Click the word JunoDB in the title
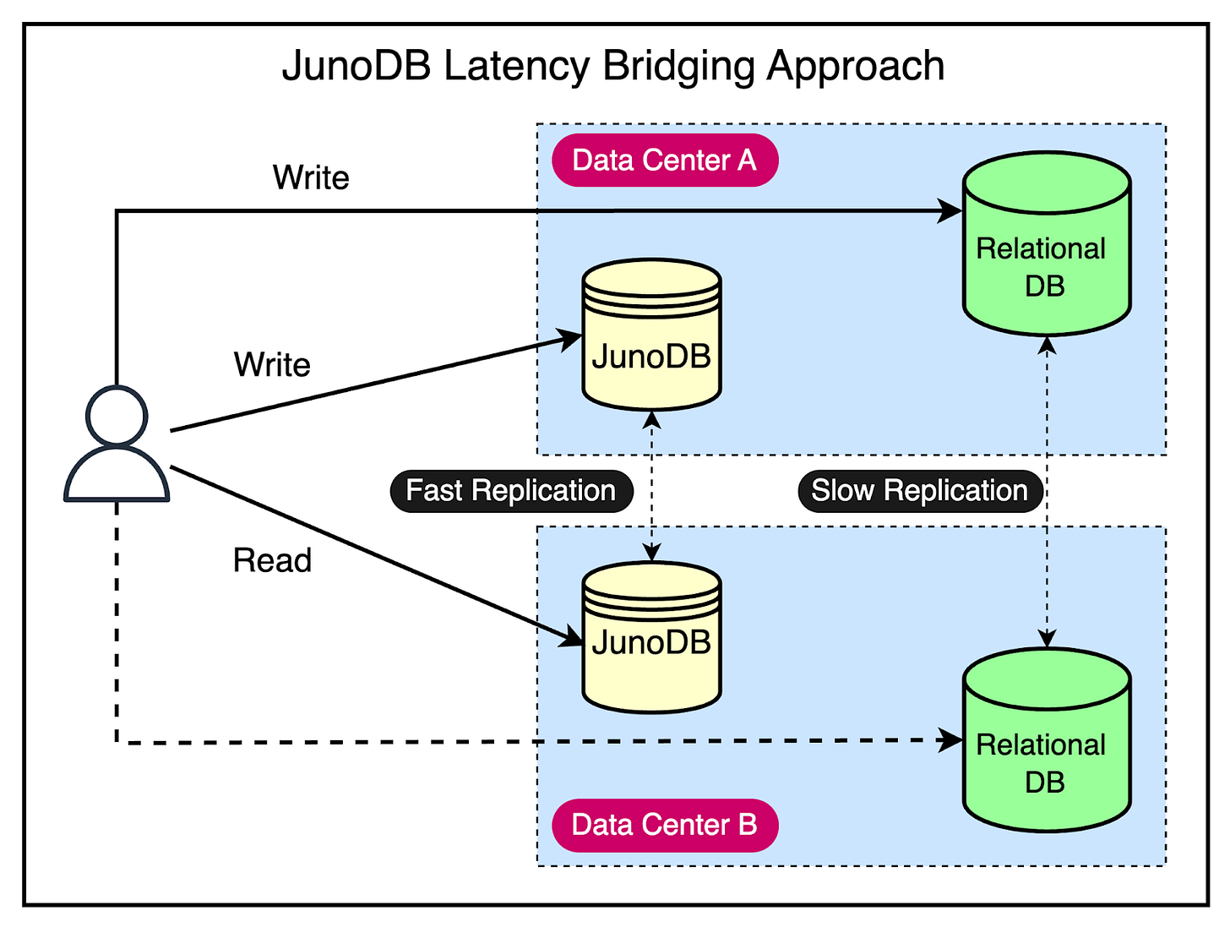(x=356, y=66)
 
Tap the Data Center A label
(x=664, y=160)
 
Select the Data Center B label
(x=664, y=825)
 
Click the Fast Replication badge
(x=511, y=491)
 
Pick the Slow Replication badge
(x=919, y=491)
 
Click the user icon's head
(x=117, y=416)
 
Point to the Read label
(x=272, y=560)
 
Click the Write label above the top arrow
(x=311, y=177)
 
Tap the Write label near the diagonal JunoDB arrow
(x=272, y=365)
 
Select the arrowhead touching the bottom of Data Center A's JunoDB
(x=651, y=420)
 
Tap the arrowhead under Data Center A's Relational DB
(x=1047, y=345)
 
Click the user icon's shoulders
(x=117, y=477)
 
